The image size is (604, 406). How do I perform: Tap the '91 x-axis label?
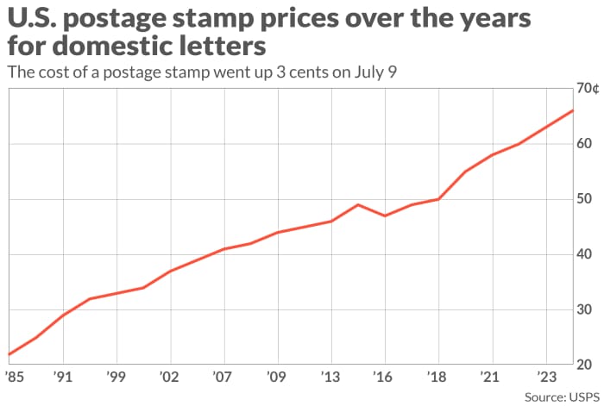tap(62, 377)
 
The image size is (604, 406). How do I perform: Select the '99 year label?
tap(116, 377)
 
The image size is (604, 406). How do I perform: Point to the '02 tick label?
tap(170, 377)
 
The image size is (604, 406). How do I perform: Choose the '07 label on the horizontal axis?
tap(224, 377)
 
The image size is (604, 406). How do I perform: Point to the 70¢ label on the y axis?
tap(588, 89)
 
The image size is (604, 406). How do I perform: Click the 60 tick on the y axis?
tap(586, 143)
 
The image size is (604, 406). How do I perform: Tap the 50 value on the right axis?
tap(586, 199)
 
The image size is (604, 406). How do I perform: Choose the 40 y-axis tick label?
tap(586, 254)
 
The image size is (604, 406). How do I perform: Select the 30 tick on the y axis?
tap(586, 309)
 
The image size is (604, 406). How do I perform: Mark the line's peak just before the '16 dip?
tap(358, 204)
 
